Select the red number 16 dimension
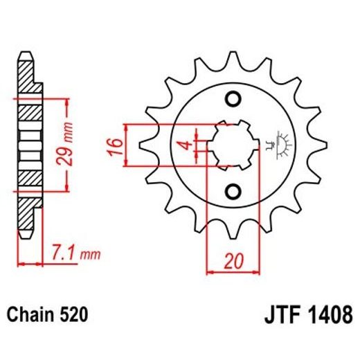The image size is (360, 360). tap(117, 146)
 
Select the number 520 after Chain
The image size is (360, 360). tap(74, 315)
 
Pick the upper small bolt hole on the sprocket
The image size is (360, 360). tap(233, 97)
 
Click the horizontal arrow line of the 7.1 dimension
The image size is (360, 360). tap(30, 263)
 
